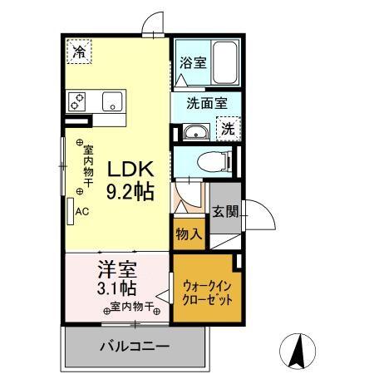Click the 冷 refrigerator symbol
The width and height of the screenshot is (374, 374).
80,52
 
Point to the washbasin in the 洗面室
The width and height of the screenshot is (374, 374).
196,131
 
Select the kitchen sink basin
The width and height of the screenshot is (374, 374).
110,101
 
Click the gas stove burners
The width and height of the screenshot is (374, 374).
80,101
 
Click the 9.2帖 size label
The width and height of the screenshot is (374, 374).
129,192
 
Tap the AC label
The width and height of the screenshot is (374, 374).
82,211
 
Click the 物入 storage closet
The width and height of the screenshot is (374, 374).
189,234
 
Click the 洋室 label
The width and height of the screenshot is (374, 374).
117,269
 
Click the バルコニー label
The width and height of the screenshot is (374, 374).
136,346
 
